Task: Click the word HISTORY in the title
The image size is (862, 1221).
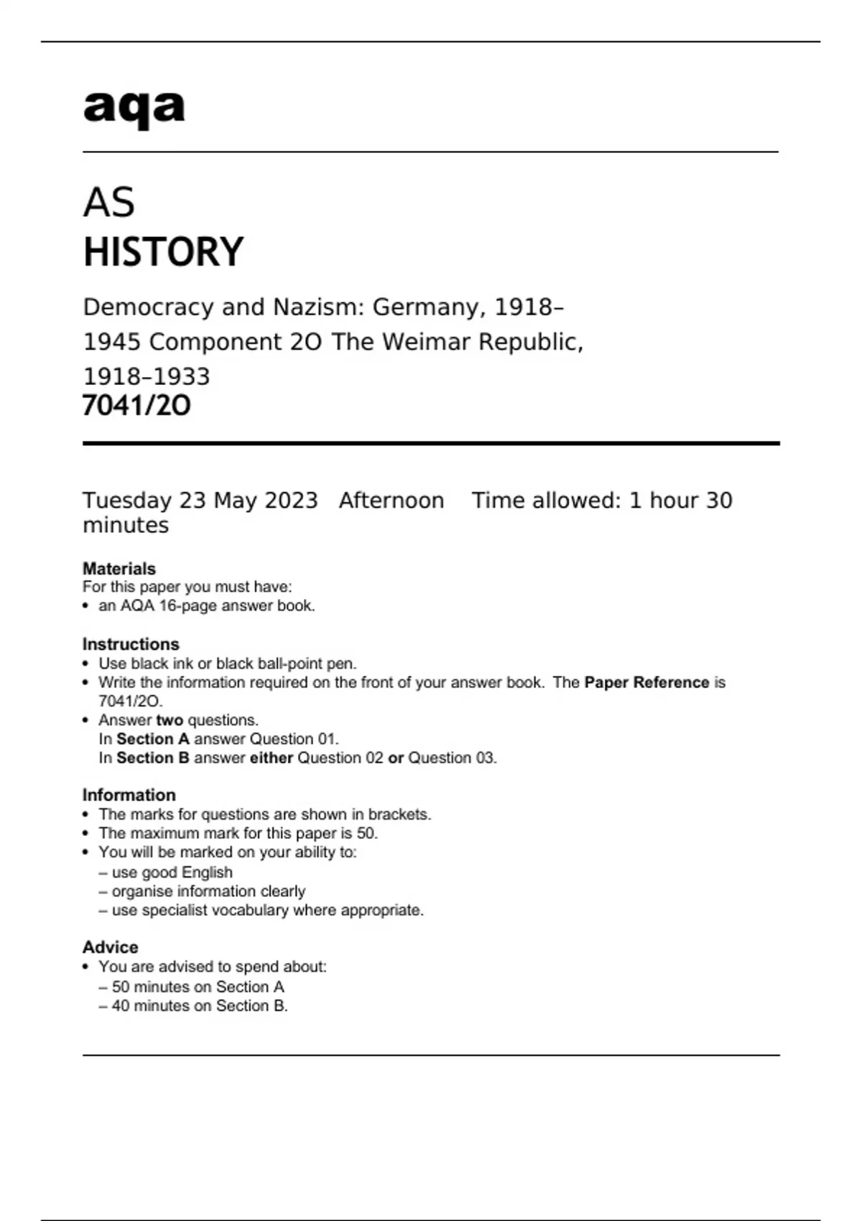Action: [164, 252]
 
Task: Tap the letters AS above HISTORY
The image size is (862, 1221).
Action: [109, 203]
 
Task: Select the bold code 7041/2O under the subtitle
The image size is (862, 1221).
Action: [136, 406]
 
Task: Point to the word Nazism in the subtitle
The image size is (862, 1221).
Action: [320, 307]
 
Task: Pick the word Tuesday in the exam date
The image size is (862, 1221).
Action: [127, 501]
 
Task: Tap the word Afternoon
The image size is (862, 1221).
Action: [391, 501]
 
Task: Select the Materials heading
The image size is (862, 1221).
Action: [119, 569]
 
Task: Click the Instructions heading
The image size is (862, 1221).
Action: [131, 644]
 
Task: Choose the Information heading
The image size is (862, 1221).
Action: [129, 795]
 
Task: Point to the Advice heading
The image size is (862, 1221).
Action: [111, 947]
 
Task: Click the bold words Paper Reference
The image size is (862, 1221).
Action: [646, 682]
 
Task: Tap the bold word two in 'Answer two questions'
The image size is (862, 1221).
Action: [170, 720]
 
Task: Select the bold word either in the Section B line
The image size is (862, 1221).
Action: [272, 758]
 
